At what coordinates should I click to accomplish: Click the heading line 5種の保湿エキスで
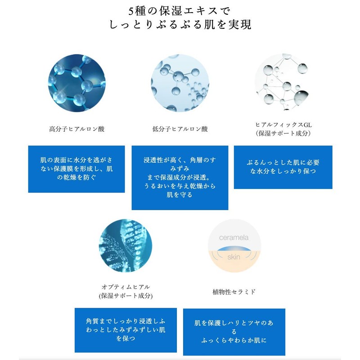pyautogui.click(x=180, y=10)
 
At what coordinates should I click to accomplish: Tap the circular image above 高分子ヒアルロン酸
pyautogui.click(x=76, y=83)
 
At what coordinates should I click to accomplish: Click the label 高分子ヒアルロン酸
pyautogui.click(x=77, y=129)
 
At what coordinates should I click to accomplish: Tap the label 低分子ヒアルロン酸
pyautogui.click(x=180, y=129)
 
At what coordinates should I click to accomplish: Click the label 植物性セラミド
pyautogui.click(x=234, y=292)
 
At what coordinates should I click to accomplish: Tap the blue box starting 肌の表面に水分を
pyautogui.click(x=76, y=169)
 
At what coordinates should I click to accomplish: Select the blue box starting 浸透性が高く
pyautogui.click(x=180, y=177)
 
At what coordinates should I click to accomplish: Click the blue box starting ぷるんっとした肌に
pyautogui.click(x=283, y=167)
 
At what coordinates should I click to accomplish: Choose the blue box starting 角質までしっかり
pyautogui.click(x=126, y=330)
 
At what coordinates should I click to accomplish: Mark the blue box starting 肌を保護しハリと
pyautogui.click(x=234, y=332)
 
